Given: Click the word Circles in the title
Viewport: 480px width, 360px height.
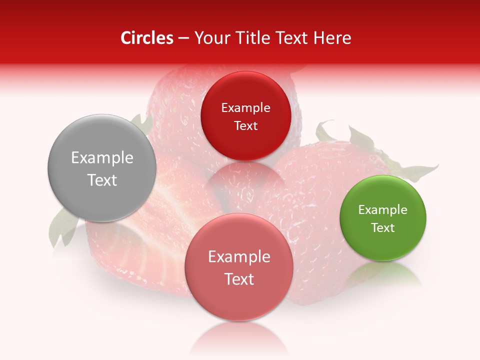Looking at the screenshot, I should pyautogui.click(x=146, y=38).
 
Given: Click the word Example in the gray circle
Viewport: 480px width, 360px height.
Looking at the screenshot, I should pyautogui.click(x=102, y=158).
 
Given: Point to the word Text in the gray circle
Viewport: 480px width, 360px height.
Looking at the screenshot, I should pyautogui.click(x=102, y=180).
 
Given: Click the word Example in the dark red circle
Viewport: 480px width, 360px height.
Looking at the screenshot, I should pyautogui.click(x=245, y=108).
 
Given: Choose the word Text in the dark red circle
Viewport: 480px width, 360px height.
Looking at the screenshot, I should pyautogui.click(x=245, y=126).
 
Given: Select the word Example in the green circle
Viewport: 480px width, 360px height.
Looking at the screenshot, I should pyautogui.click(x=382, y=210).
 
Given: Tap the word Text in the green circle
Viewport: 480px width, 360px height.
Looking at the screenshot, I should pyautogui.click(x=382, y=228).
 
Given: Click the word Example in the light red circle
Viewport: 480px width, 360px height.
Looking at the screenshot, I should pyautogui.click(x=238, y=257).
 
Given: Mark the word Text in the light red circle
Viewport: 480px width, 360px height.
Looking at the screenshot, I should pyautogui.click(x=238, y=279).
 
